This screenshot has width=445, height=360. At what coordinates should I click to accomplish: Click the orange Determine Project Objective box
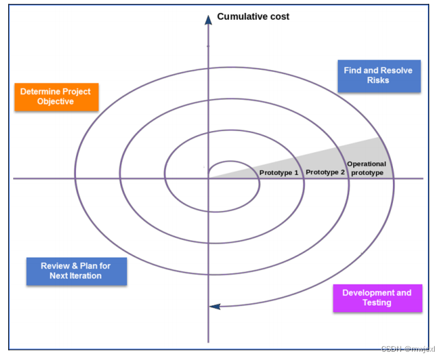[x=56, y=97]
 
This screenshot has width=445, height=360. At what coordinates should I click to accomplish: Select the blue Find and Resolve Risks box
[x=378, y=75]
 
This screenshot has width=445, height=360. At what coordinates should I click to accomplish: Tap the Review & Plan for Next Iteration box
[x=76, y=271]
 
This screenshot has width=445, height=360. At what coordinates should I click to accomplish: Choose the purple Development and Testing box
[x=377, y=298]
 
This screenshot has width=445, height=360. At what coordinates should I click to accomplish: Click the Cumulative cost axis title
[x=253, y=16]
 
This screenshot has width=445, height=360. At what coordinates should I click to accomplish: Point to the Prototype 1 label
[x=279, y=172]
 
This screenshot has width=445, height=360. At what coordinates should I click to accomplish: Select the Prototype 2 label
[x=325, y=172]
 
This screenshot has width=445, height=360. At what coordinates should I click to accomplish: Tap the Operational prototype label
[x=367, y=168]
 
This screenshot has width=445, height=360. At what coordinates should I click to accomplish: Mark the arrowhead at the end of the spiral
[x=215, y=306]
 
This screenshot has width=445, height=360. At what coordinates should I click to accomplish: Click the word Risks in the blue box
[x=378, y=81]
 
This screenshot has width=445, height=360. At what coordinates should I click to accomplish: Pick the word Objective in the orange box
[x=56, y=101]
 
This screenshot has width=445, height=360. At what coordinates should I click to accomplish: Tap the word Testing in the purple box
[x=377, y=302]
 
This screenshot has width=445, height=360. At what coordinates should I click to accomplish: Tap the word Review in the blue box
[x=54, y=266]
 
